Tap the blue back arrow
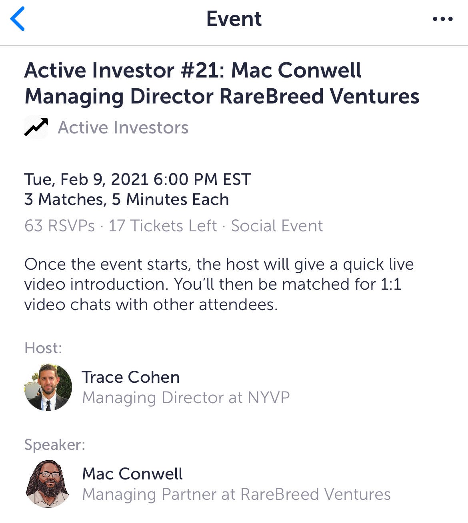(17, 19)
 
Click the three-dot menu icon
(443, 19)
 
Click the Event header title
(234, 19)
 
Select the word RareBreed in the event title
(272, 97)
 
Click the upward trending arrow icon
(36, 127)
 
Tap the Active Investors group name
(123, 127)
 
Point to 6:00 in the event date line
(171, 179)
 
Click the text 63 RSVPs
(60, 226)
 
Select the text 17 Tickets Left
(163, 226)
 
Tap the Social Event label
(277, 226)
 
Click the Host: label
(43, 348)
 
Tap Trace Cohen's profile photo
(48, 387)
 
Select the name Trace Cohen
(131, 377)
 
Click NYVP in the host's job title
(269, 398)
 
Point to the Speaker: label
(55, 445)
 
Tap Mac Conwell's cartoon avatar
(48, 484)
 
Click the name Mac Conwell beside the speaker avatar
(132, 474)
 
